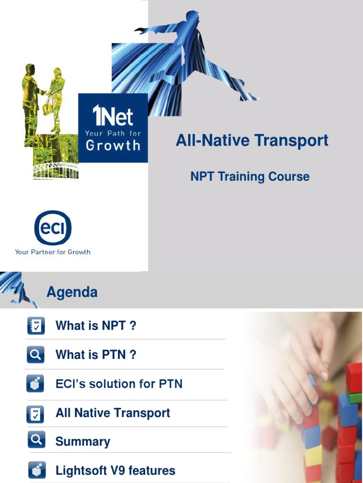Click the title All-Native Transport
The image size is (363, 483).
[252, 141]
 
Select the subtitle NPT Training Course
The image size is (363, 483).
[250, 177]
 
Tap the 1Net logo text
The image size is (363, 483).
[113, 116]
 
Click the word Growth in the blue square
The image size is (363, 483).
[113, 145]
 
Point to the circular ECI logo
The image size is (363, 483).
[53, 228]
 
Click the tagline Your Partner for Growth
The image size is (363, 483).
[52, 252]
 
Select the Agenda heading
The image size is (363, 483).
[72, 292]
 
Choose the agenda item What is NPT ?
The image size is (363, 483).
[96, 325]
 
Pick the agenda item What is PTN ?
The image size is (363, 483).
[96, 355]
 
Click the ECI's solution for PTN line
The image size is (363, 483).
[119, 384]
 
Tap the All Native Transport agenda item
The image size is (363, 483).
[112, 413]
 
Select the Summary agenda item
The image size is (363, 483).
[83, 442]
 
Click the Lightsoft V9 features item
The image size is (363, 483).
[115, 470]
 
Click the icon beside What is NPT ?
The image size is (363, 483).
[36, 326]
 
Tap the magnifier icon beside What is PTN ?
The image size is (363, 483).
[36, 355]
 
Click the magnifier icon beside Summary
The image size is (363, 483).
[36, 440]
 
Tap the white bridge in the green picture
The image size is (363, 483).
[55, 170]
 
